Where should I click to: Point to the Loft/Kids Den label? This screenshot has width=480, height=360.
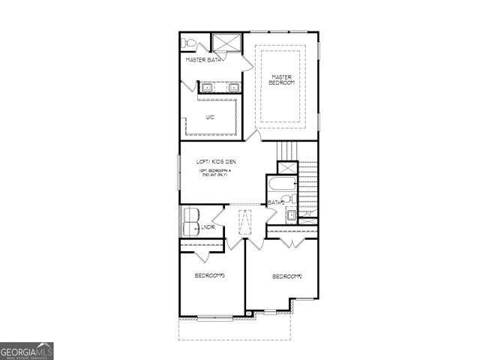216,161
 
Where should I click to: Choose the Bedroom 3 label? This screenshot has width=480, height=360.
210,276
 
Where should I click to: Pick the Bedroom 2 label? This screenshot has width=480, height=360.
286,277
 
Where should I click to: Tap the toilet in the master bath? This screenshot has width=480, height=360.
190,42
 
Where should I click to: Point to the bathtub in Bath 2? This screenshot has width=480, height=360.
282,184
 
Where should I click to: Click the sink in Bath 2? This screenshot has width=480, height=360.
290,217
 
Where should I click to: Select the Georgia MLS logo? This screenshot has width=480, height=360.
27,350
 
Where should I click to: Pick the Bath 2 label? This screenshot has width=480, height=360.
275,202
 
